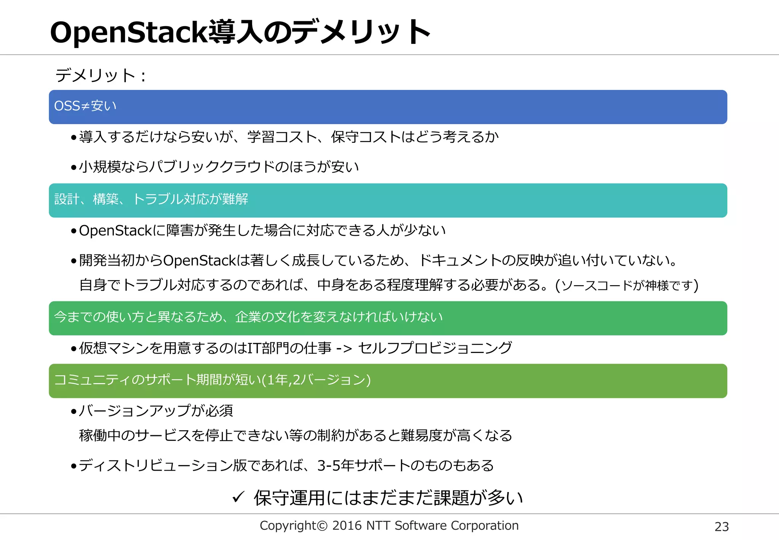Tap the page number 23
(x=722, y=527)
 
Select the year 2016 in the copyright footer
(x=347, y=526)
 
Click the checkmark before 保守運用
(x=238, y=497)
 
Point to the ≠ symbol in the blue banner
(x=85, y=106)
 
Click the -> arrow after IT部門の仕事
(x=344, y=348)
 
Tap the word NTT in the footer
(x=378, y=526)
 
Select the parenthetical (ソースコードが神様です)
(x=627, y=285)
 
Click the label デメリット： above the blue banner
(x=100, y=75)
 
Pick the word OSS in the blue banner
(x=67, y=106)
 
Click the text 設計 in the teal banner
(x=67, y=199)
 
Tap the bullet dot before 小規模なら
(x=74, y=168)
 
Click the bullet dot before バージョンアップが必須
(x=74, y=411)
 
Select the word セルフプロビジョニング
(x=435, y=348)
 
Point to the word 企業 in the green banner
(x=248, y=317)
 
